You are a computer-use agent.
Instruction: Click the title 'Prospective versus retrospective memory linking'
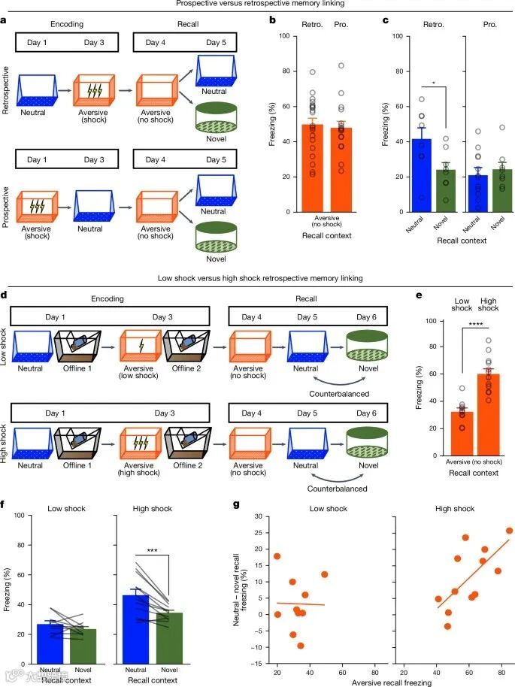point(256,4)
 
